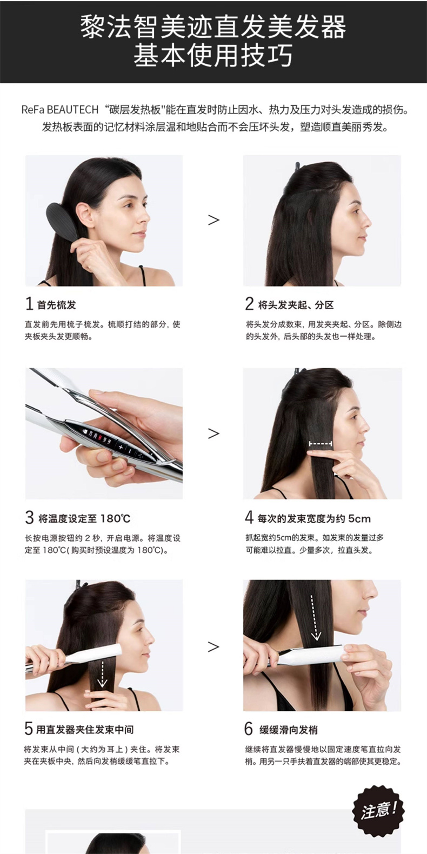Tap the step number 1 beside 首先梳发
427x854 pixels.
pos(29,304)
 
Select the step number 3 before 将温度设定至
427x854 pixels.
pos(29,517)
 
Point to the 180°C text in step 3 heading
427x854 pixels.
pos(116,518)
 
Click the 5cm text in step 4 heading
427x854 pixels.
pos(359,518)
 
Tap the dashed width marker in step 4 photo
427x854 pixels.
pos(321,443)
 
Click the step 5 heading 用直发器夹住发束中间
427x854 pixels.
pos(85,729)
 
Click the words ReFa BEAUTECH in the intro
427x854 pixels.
pos(60,110)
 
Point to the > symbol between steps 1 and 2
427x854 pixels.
pos(213,220)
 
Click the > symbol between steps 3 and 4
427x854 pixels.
pos(213,433)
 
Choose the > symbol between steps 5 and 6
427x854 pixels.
pos(213,647)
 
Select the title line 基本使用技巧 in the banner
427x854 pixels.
pos(213,55)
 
